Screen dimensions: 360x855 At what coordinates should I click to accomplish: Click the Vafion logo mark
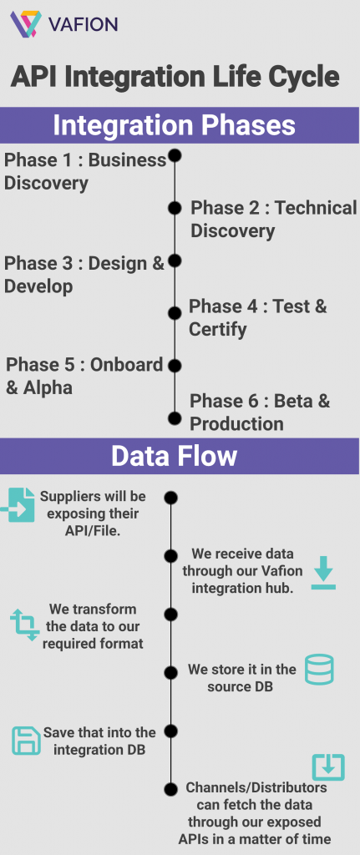[26, 24]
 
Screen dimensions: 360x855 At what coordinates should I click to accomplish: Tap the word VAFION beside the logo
[83, 24]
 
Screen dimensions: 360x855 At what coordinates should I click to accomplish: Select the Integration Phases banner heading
[174, 125]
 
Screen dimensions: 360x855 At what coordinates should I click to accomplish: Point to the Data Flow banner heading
[174, 455]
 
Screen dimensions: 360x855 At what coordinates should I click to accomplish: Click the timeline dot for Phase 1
[175, 156]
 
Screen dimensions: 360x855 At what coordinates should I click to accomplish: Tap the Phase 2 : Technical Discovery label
[273, 219]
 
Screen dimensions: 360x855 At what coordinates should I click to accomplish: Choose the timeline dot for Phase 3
[175, 261]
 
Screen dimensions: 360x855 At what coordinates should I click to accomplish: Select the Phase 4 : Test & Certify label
[257, 317]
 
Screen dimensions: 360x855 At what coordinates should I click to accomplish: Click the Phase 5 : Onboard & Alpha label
[84, 376]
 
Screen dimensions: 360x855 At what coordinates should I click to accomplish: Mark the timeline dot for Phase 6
[175, 418]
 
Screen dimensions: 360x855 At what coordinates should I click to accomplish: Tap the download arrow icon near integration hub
[323, 573]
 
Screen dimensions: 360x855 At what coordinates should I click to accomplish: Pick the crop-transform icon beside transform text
[25, 625]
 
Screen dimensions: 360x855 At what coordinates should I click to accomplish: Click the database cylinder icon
[319, 669]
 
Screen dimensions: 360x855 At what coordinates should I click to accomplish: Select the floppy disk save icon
[26, 741]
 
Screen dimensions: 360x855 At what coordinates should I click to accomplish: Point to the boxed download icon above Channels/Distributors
[328, 767]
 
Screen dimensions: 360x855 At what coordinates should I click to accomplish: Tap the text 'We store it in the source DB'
[241, 677]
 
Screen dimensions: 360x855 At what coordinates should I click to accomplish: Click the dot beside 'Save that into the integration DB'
[171, 731]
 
